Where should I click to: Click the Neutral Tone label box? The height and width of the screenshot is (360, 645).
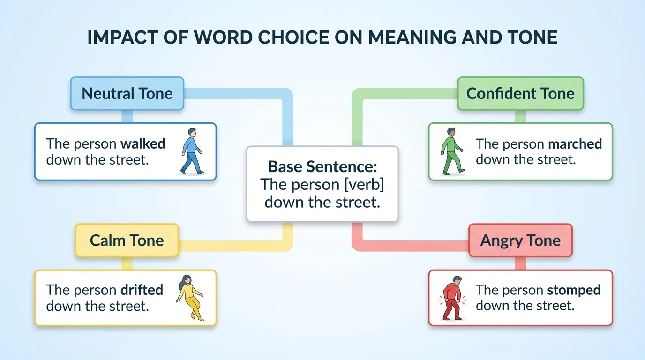point(127,94)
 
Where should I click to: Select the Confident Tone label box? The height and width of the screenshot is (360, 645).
point(520,94)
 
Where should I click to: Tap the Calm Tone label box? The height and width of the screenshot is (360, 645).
point(127,240)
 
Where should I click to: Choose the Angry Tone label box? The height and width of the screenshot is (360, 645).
point(520,240)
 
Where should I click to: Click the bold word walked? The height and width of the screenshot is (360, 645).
point(143,143)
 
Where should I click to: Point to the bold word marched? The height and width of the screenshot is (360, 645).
point(575,143)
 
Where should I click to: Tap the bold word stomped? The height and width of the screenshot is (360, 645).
point(574,290)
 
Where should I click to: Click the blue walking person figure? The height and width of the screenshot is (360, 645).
point(192,151)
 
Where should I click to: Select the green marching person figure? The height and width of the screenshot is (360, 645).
point(453,151)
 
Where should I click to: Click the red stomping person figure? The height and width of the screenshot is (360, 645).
point(452,298)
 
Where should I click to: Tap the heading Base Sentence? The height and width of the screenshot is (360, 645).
point(322,166)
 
